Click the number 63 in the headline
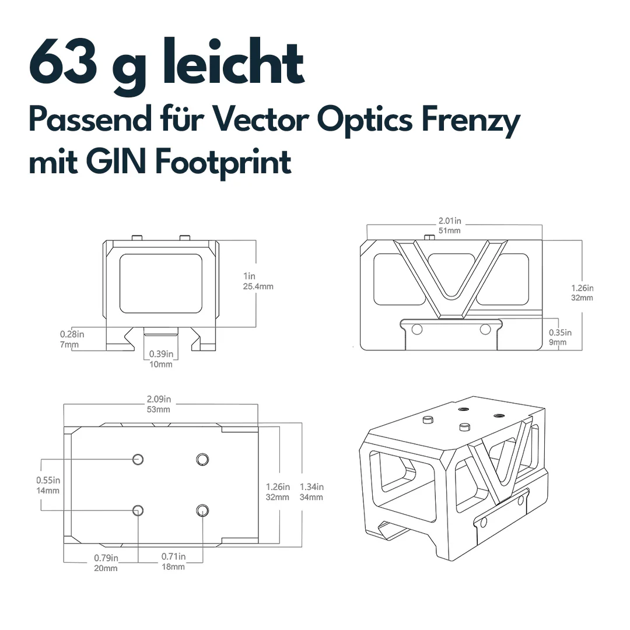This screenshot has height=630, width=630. pos(64,61)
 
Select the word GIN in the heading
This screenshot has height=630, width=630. pos(116,162)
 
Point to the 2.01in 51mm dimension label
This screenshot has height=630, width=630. pos(450,225)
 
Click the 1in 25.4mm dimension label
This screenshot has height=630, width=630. pos(258,281)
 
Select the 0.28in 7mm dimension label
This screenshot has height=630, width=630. pos(72,339)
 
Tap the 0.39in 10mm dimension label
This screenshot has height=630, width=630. pos(161,359)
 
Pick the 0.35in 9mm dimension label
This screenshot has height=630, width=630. pos(560,337)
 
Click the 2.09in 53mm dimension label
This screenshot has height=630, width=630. pos(159,404)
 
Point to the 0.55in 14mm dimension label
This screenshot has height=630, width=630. pos(48,485)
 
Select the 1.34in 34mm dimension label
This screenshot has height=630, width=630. pos(311,492)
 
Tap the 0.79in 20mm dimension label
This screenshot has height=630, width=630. pos(106,563)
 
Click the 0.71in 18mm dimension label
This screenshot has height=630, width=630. pos(174,561)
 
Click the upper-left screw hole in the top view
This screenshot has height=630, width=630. pos(138,459)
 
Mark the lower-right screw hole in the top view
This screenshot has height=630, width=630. pos(202,510)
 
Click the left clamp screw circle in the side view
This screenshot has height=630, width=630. pos(417,330)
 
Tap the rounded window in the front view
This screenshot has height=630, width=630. pos(161,283)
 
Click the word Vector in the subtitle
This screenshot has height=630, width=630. pos(260,120)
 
